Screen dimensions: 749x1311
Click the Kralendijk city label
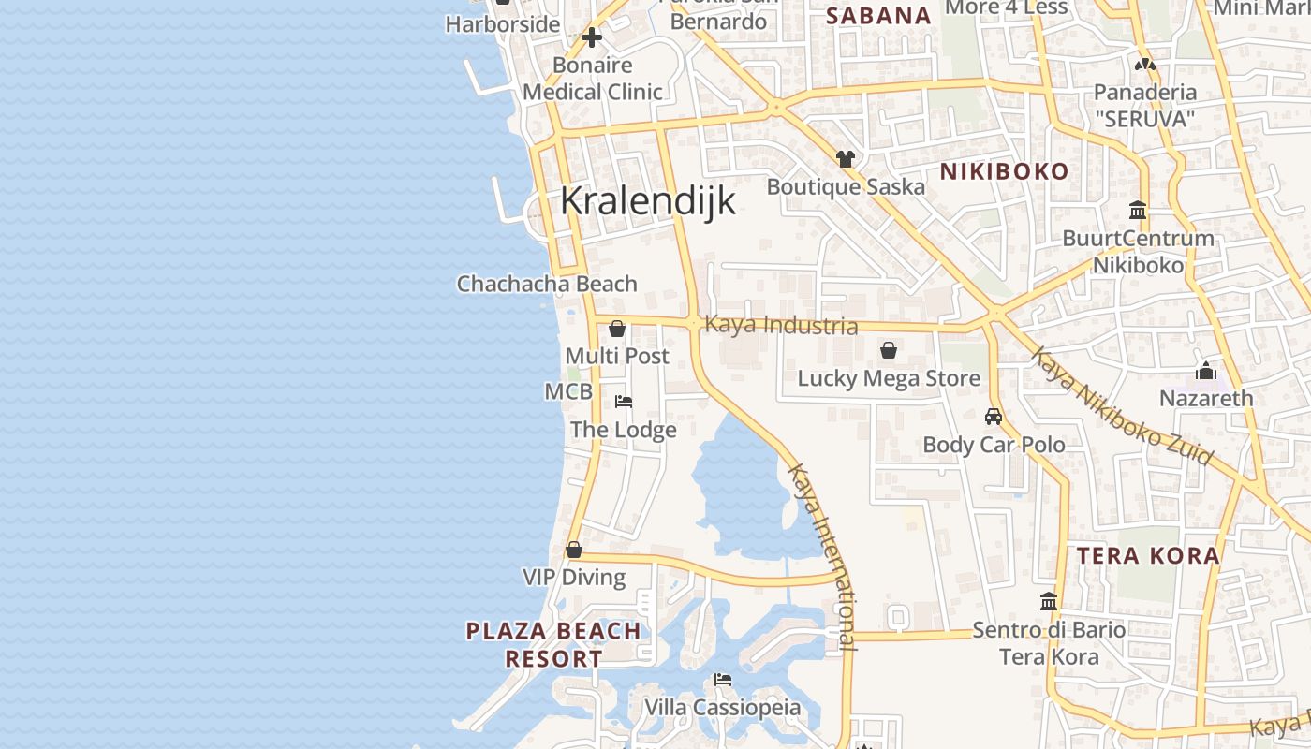tap(648, 201)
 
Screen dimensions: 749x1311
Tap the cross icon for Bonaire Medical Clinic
tap(592, 38)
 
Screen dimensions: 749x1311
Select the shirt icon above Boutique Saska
tap(846, 159)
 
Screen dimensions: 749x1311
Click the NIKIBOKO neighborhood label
tap(1004, 171)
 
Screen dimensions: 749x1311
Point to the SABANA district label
tap(878, 16)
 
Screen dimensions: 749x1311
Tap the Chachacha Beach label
tap(547, 284)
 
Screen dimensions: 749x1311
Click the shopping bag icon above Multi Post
tap(617, 329)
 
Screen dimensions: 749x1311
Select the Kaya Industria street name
tap(781, 325)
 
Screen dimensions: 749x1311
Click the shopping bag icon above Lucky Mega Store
tap(889, 351)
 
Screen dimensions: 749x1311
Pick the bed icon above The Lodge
tap(624, 402)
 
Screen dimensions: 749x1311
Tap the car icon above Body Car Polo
tap(994, 417)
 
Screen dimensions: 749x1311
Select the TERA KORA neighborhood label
tap(1148, 556)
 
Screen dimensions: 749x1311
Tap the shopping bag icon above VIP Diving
tap(574, 550)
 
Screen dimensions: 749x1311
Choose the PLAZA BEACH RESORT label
tap(554, 644)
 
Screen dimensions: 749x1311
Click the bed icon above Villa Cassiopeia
tap(723, 680)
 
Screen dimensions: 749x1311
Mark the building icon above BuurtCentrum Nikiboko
tap(1139, 210)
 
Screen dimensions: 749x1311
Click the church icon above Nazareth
tap(1206, 371)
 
